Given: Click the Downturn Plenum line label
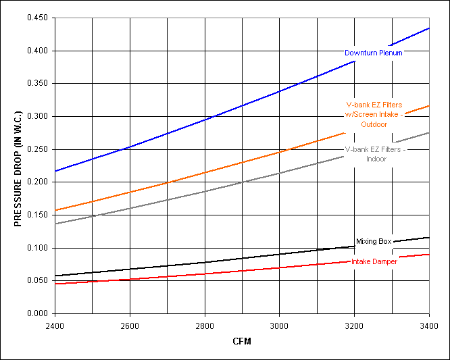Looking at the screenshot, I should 374,53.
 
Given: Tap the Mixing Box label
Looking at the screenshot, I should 374,241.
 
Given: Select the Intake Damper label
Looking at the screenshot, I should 374,261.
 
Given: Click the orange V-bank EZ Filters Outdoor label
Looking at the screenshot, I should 374,114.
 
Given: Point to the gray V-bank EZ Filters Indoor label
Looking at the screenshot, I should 375,154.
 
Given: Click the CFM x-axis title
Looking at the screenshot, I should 241,342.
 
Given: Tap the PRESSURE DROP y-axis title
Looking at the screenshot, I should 19,166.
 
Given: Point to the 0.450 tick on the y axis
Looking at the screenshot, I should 38,18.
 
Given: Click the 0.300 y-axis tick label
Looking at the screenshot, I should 38,117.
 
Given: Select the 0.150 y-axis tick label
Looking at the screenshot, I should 38,215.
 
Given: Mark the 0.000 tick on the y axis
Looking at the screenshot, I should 38,314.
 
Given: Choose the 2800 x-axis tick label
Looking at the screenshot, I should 204,325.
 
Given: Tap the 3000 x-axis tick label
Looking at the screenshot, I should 278,325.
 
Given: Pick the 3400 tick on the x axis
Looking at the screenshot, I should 428,325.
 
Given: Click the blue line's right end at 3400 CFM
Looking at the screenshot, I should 428,28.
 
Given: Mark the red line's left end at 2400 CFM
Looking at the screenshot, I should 55,284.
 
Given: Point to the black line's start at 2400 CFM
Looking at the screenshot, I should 55,276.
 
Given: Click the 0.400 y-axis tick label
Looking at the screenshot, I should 38,51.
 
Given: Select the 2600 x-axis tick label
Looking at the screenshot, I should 130,325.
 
